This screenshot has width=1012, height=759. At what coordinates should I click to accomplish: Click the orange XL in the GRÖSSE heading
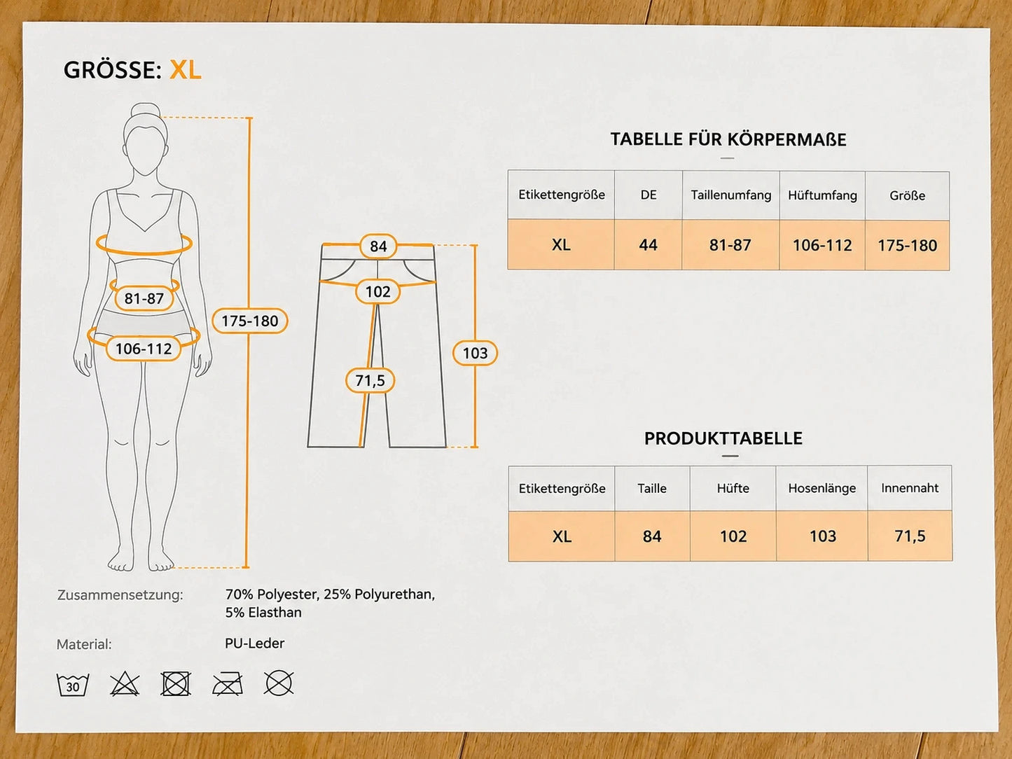[186, 70]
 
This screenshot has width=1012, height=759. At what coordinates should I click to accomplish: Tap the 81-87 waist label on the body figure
[144, 298]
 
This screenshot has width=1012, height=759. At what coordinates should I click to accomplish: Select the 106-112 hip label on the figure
[144, 349]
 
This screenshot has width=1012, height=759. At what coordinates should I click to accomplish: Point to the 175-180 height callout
[250, 321]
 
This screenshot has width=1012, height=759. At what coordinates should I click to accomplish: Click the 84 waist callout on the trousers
[378, 246]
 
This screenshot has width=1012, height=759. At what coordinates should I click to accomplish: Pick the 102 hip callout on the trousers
[377, 291]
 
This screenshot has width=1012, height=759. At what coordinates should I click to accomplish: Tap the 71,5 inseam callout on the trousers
[370, 380]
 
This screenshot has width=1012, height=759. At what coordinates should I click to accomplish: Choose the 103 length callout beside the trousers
[475, 353]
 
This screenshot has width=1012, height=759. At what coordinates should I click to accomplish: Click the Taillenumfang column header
[730, 195]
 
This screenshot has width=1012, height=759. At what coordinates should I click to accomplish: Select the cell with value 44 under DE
[648, 244]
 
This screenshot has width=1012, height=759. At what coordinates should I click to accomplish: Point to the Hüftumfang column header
[822, 195]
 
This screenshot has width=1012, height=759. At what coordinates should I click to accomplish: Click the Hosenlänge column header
[822, 488]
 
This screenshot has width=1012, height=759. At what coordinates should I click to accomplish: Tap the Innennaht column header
[910, 487]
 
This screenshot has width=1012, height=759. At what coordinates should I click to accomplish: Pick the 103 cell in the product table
[822, 536]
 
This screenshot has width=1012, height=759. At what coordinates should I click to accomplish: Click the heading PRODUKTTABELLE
[723, 438]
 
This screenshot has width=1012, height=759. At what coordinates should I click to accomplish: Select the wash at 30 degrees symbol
[72, 684]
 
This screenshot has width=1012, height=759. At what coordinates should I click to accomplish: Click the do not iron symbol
[228, 683]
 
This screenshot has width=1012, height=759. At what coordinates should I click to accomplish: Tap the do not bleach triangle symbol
[125, 683]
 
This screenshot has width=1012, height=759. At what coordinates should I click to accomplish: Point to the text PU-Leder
[254, 643]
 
